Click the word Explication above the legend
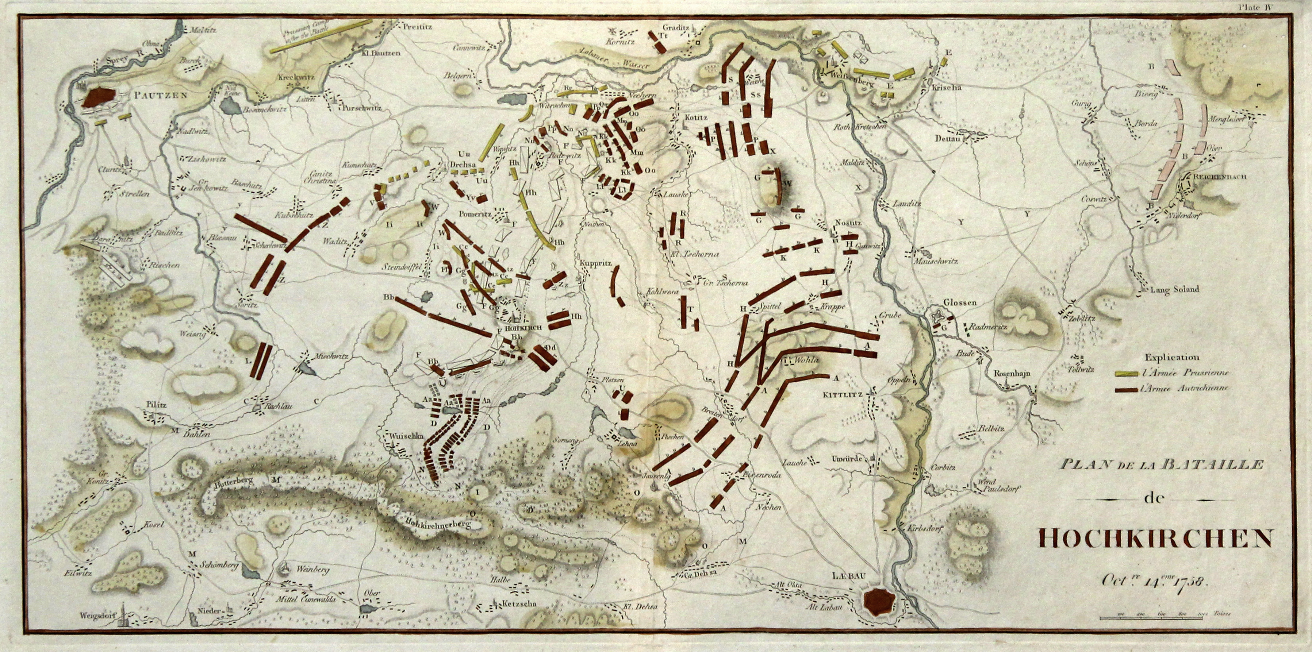pyautogui.click(x=1172, y=358)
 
